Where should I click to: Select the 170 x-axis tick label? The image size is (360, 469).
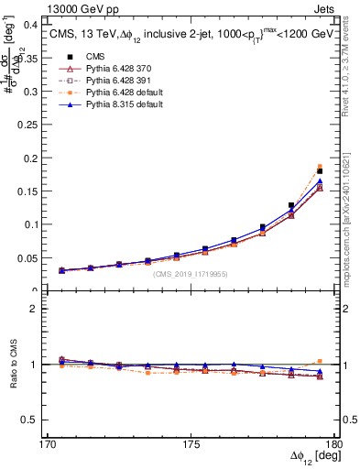point(42,444)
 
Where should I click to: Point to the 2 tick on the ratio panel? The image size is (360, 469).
point(30,309)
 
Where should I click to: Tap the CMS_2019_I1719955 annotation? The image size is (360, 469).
point(191,274)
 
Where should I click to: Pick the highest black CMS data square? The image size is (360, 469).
point(320,171)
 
